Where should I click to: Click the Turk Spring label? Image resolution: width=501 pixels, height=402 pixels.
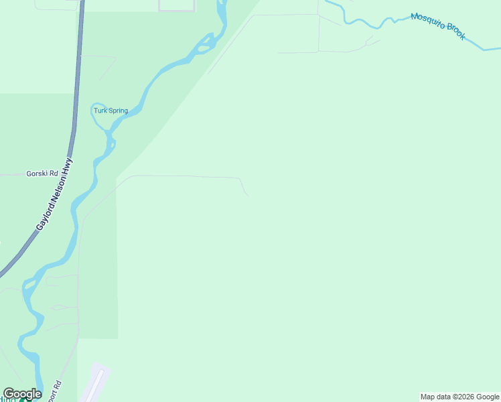[111, 111]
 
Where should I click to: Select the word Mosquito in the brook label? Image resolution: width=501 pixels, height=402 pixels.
[428, 23]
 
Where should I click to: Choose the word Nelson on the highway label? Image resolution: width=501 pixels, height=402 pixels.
[66, 187]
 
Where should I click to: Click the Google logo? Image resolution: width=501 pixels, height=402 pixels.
[22, 394]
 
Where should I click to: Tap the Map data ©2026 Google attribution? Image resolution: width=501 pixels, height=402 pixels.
[459, 397]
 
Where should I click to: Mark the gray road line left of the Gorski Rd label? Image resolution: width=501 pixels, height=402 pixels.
[10, 174]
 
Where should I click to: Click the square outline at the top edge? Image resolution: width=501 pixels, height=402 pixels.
[177, 6]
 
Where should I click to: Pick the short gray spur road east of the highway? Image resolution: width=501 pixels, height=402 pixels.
[100, 58]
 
